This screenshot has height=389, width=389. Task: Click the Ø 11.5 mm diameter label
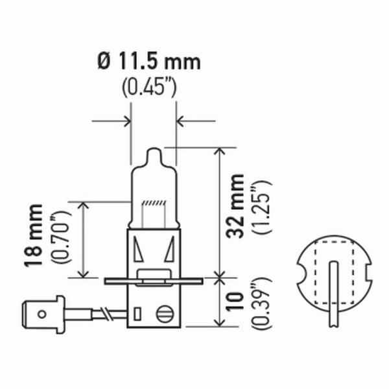pos(149,62)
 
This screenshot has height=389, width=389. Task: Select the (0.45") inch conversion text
pos(149,87)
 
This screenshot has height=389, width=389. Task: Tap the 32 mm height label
pos(235,206)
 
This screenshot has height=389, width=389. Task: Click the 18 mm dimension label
pos(33,235)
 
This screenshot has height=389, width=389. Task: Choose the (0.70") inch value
pos(60,237)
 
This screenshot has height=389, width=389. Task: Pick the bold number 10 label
pos(235,301)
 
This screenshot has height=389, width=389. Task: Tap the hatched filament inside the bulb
pos(154,203)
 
